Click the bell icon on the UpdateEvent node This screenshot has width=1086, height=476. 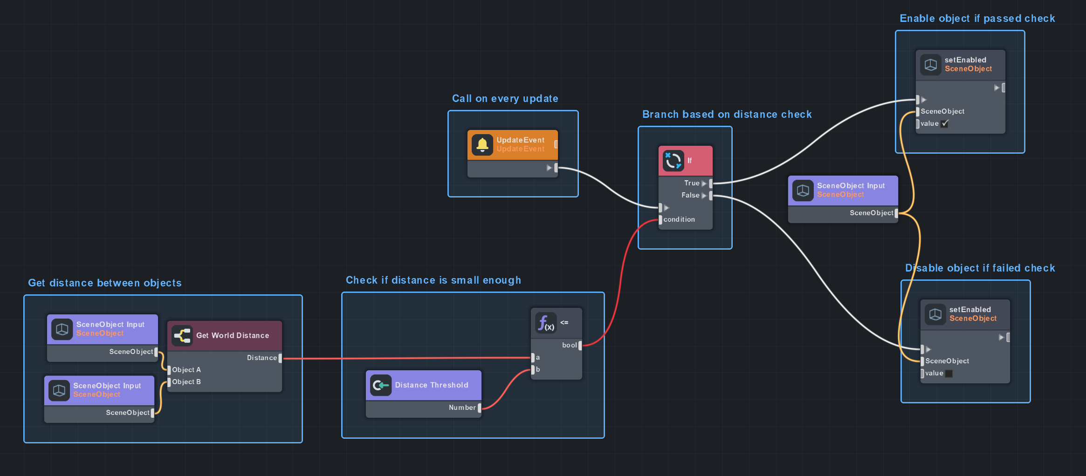(x=482, y=145)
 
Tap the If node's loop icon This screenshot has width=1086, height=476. (x=673, y=161)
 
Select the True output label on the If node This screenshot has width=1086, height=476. (x=692, y=183)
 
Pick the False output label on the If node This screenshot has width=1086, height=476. (x=690, y=195)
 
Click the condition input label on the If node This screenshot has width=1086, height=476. (x=679, y=219)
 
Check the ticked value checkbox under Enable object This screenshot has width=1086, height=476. (x=945, y=123)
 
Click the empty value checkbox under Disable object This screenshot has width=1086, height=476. (x=949, y=373)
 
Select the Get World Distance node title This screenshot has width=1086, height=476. (x=233, y=335)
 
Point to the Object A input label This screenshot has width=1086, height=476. (x=186, y=370)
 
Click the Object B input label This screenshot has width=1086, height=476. (x=186, y=382)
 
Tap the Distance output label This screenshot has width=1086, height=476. (x=262, y=358)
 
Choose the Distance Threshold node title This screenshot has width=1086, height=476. (x=432, y=385)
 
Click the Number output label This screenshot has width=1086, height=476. (x=462, y=408)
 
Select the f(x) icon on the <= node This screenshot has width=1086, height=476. (x=546, y=323)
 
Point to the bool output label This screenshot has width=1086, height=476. (x=569, y=345)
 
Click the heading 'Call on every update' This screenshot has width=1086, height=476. (x=505, y=99)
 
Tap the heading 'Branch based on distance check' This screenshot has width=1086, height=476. (x=727, y=115)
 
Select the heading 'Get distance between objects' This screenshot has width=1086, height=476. (x=104, y=283)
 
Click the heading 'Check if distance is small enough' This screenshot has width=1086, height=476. (x=433, y=280)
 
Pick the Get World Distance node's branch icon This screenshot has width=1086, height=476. (x=182, y=335)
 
